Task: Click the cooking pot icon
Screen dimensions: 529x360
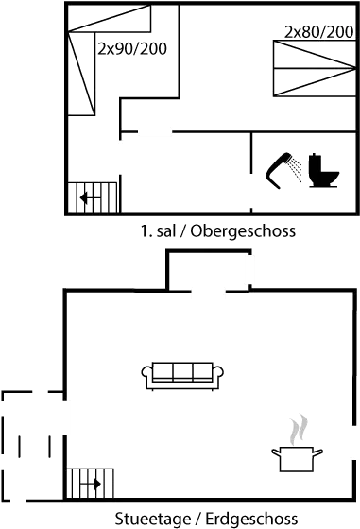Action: pos(297,459)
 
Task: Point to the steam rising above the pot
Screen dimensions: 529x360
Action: pos(299,429)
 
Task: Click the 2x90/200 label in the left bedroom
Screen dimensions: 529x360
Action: pos(132,48)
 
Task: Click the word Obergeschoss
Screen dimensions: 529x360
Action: pos(244,231)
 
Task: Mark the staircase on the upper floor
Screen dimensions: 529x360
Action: pos(94,197)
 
